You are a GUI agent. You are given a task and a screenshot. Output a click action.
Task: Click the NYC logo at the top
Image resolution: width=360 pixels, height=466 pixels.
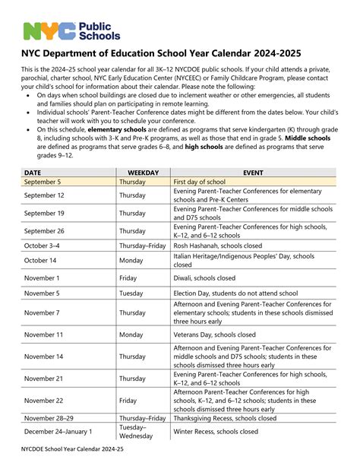[x=71, y=30]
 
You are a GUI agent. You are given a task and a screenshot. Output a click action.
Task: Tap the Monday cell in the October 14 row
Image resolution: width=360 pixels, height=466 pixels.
[x=131, y=261]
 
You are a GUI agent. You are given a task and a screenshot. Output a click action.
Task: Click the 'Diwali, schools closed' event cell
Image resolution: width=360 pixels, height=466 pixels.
[x=204, y=278]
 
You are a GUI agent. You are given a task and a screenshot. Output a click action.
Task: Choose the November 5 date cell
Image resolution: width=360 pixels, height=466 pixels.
[x=42, y=293]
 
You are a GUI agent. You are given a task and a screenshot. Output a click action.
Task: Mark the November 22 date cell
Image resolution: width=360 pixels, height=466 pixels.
[x=44, y=400]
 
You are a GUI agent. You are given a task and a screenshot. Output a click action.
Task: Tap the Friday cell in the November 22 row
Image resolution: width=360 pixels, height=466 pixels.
[x=128, y=400]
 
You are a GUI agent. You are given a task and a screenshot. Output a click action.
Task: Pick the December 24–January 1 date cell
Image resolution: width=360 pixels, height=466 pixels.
[x=58, y=432]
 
